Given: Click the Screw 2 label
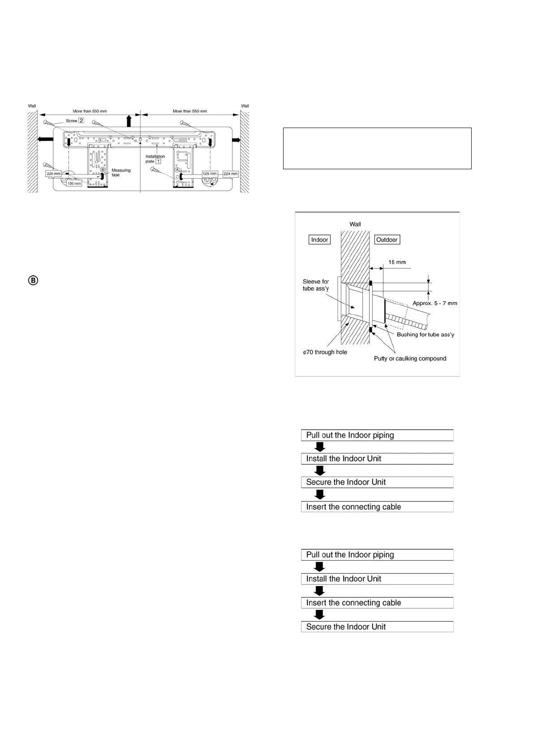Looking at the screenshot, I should (75, 120).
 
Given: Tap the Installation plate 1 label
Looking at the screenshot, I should (155, 159).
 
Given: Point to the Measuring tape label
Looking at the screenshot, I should (121, 172).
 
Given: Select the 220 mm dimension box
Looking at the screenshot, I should (54, 174).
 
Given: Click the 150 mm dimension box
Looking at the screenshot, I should (74, 184).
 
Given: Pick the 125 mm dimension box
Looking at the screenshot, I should (210, 174).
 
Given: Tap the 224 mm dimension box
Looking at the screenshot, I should (230, 174).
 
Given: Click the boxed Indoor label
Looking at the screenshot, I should (319, 240).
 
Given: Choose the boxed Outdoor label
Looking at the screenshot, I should (387, 240).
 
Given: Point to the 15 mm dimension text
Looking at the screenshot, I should (397, 262).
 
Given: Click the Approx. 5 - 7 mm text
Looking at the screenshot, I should (434, 303).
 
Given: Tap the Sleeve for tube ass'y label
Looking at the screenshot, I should (316, 285).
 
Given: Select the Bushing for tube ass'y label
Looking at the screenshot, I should (426, 334).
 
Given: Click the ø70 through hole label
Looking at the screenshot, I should (325, 352).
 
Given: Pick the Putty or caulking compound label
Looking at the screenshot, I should (410, 359).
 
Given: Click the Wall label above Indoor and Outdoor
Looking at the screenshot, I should (355, 224).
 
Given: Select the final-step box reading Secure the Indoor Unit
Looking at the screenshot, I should (377, 627).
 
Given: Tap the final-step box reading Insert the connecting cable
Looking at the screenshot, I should (377, 507).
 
